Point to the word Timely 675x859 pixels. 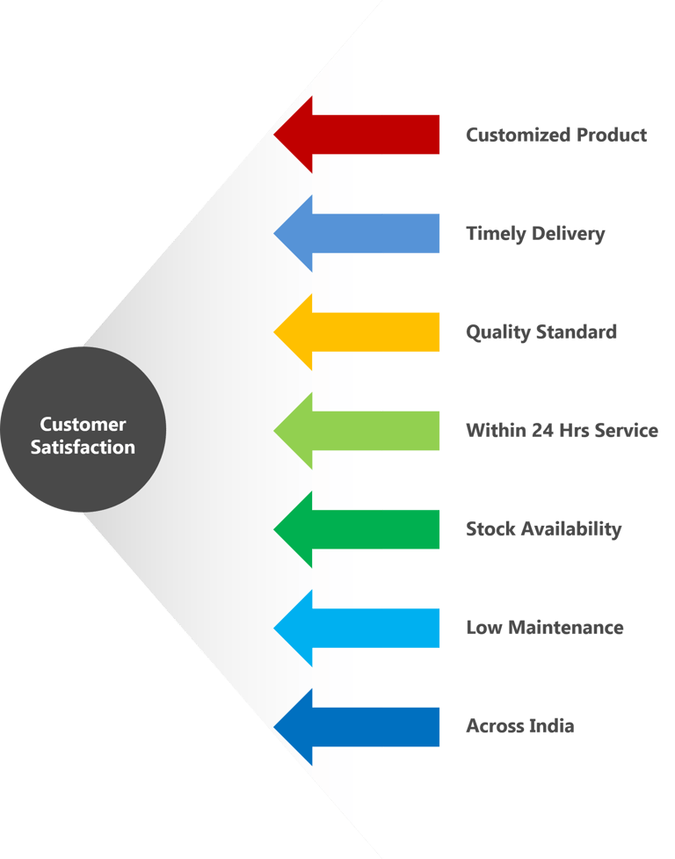[x=496, y=234]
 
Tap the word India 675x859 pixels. [x=550, y=726]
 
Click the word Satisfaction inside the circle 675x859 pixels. [x=83, y=447]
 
